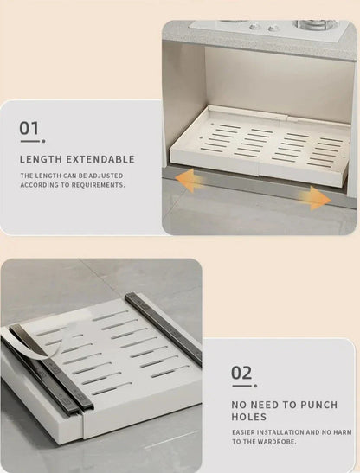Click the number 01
[29, 128]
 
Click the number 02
[241, 373]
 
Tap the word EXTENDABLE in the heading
[100, 159]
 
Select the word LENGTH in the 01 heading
[41, 159]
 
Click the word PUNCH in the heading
[319, 405]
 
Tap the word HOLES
[249, 417]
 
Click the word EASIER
[245, 432]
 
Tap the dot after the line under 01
[44, 141]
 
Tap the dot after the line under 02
[255, 386]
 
